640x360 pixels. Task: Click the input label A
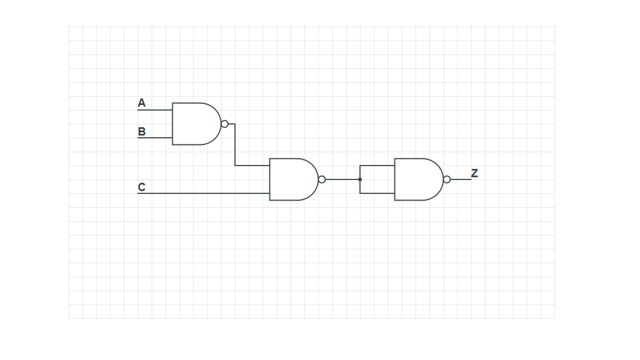pyautogui.click(x=142, y=103)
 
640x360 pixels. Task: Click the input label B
pyautogui.click(x=142, y=132)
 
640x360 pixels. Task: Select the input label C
pyautogui.click(x=142, y=187)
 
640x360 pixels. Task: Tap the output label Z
pyautogui.click(x=474, y=173)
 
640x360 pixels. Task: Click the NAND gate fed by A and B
pyautogui.click(x=196, y=124)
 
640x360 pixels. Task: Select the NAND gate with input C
pyautogui.click(x=293, y=179)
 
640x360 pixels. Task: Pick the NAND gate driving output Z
pyautogui.click(x=418, y=179)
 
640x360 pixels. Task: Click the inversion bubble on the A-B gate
pyautogui.click(x=224, y=124)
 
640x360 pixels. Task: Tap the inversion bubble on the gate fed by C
pyautogui.click(x=322, y=179)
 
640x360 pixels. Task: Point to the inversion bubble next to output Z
pyautogui.click(x=447, y=179)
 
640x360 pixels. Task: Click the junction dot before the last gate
pyautogui.click(x=359, y=179)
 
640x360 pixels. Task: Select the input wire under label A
pyautogui.click(x=154, y=110)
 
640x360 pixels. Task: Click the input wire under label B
pyautogui.click(x=154, y=138)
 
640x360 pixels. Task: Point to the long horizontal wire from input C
pyautogui.click(x=203, y=193)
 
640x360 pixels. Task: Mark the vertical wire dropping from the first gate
pyautogui.click(x=235, y=144)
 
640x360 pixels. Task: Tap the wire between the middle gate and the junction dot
pyautogui.click(x=342, y=179)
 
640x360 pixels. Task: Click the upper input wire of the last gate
pyautogui.click(x=377, y=166)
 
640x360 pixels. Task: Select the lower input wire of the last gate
pyautogui.click(x=377, y=193)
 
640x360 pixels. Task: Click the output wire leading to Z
pyautogui.click(x=461, y=179)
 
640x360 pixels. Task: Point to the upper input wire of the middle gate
pyautogui.click(x=252, y=166)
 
